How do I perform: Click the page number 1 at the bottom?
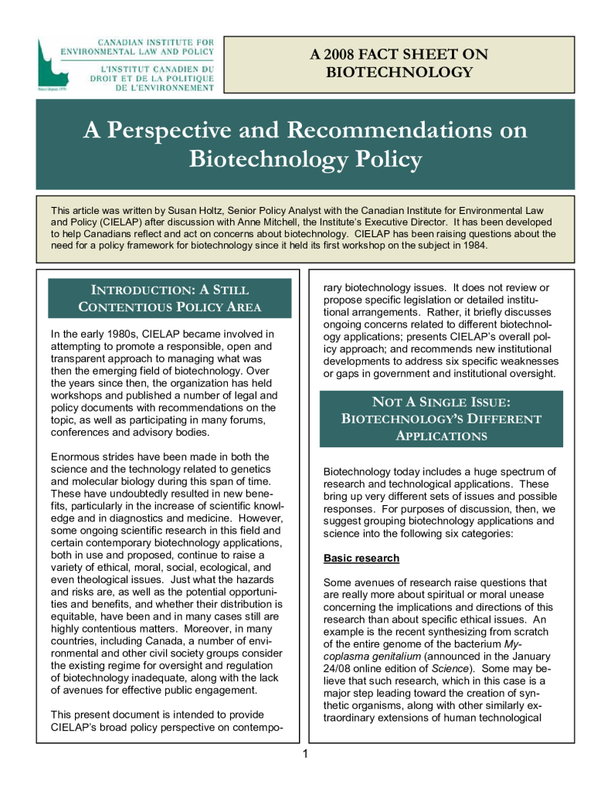coord(305,753)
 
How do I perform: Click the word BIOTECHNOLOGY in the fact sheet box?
coord(399,73)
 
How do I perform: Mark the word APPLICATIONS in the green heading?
coord(441,436)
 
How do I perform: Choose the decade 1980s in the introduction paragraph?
coord(118,334)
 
